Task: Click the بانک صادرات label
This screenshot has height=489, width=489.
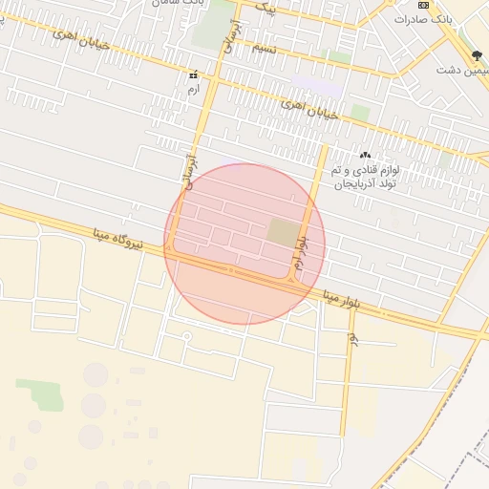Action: [x=423, y=19]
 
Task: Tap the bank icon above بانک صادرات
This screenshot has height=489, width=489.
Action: [x=424, y=5]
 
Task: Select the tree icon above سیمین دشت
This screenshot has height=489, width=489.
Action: [x=477, y=56]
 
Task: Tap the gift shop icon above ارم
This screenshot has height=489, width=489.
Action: [x=194, y=74]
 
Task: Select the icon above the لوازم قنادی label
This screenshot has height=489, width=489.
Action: [x=364, y=155]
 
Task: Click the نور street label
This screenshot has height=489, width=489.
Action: [x=352, y=338]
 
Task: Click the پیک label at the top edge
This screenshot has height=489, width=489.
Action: [x=268, y=10]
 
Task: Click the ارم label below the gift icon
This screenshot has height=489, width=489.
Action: [x=194, y=88]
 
